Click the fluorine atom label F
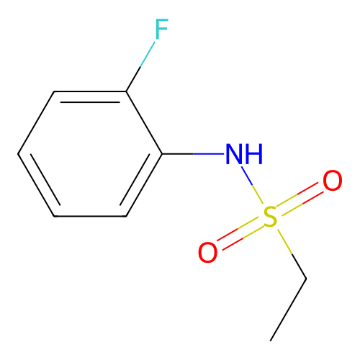(x=161, y=29)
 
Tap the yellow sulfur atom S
(x=270, y=217)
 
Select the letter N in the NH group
(x=235, y=154)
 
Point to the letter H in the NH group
(x=254, y=154)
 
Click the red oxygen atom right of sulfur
(x=333, y=181)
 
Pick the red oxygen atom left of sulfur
(x=208, y=252)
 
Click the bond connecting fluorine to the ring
(x=140, y=66)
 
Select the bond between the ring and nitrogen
(x=193, y=153)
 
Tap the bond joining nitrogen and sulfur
(x=253, y=185)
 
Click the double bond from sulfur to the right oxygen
(x=300, y=199)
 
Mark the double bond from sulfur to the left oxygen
(x=238, y=234)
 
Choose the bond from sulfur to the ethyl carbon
(x=292, y=254)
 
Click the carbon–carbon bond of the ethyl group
(x=288, y=310)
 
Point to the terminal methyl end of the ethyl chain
(x=271, y=341)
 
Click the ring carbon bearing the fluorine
(x=126, y=91)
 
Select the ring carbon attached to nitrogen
(x=162, y=153)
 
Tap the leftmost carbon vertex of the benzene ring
(x=18, y=153)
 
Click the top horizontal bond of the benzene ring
(x=90, y=91)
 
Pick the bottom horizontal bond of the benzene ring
(x=90, y=216)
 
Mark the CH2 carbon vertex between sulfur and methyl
(x=306, y=279)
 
